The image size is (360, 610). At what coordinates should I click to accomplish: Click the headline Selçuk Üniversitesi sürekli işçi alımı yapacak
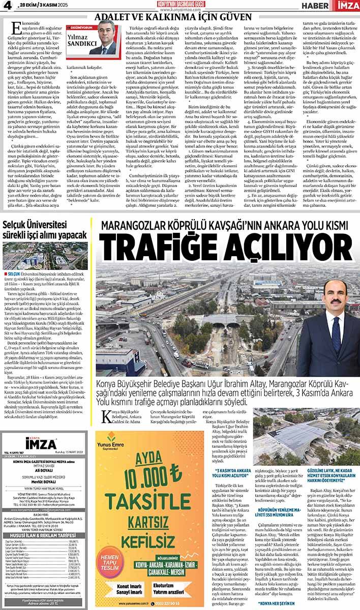click(46, 230)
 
